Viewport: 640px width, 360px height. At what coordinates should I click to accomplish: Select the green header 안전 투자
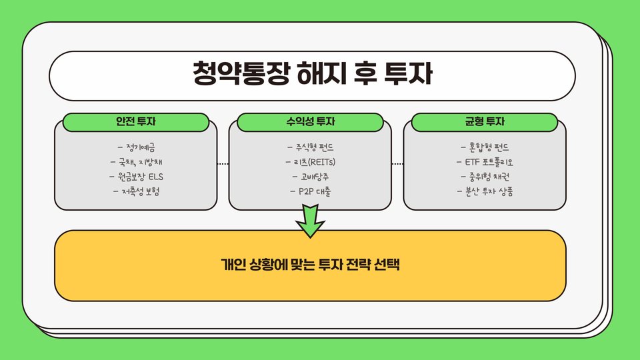[136, 122]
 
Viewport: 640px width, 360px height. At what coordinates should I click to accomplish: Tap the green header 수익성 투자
[310, 122]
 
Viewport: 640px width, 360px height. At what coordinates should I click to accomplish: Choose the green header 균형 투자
[485, 122]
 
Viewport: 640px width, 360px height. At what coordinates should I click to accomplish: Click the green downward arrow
[310, 221]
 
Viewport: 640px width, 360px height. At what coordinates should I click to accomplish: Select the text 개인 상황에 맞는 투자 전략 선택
[310, 265]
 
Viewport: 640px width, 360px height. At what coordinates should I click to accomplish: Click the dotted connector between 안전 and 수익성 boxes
[223, 163]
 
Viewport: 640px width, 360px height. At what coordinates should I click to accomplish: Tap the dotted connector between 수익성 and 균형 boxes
[397, 163]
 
